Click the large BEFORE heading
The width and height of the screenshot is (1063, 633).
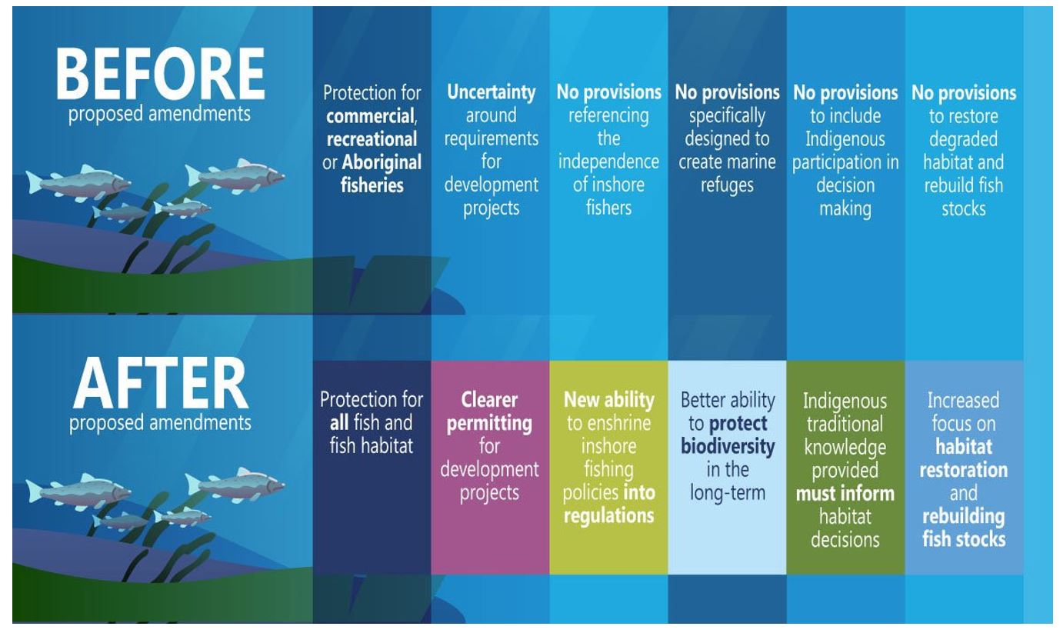(161, 74)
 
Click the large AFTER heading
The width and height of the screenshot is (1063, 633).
(161, 383)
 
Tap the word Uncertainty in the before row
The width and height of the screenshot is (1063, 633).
(492, 92)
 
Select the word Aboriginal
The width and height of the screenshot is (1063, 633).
(382, 162)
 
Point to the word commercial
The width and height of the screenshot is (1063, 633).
(371, 116)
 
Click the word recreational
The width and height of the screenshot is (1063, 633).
(372, 139)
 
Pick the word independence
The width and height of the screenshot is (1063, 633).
(609, 162)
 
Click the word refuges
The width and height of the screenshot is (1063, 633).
(727, 185)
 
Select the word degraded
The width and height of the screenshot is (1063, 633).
(963, 139)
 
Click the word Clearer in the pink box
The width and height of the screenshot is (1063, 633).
(489, 400)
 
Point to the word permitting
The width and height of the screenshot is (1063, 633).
(489, 423)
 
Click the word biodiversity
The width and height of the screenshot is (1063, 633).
(728, 447)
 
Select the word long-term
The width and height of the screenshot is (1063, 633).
(728, 493)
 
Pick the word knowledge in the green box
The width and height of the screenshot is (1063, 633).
(845, 448)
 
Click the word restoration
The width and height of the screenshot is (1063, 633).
(963, 470)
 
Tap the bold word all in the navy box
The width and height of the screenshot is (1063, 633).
(339, 423)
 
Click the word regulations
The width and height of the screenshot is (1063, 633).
(609, 516)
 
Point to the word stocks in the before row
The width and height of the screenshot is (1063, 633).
(963, 208)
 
